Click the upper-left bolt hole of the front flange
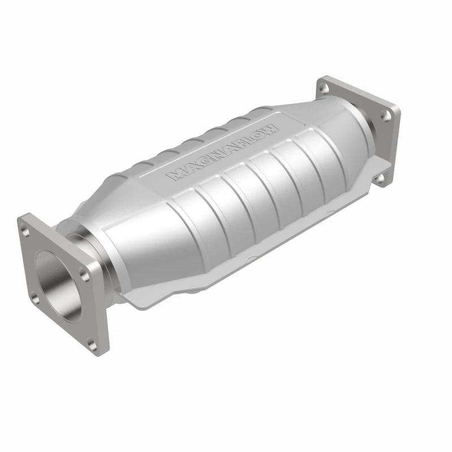tap(26, 227)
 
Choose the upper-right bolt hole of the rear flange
tap(386, 115)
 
